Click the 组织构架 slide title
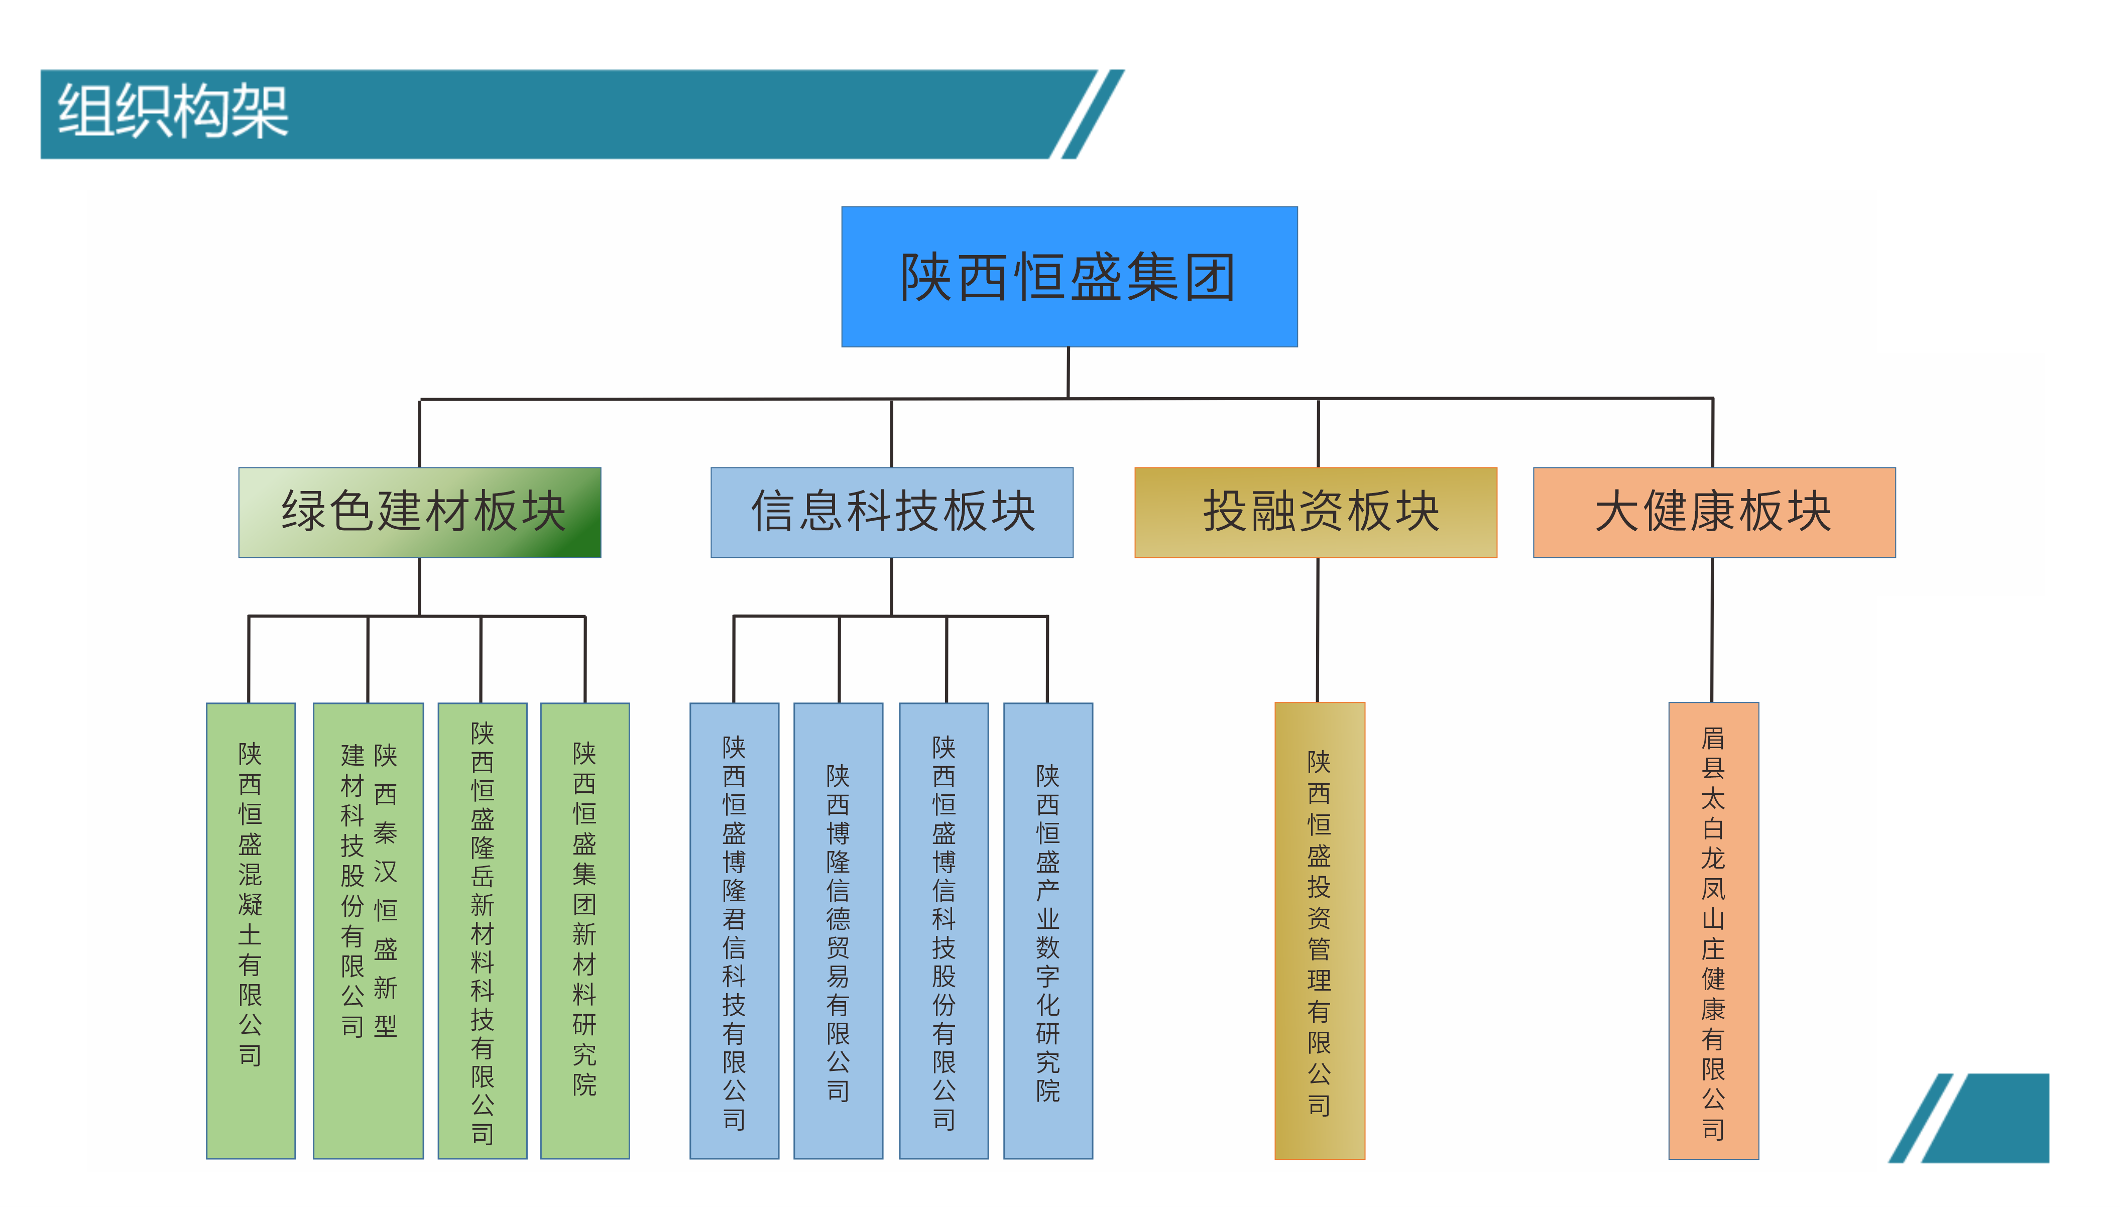coord(172,112)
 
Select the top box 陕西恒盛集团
coord(1068,276)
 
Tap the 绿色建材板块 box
coord(419,512)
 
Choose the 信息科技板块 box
coord(891,512)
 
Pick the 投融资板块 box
coord(1315,512)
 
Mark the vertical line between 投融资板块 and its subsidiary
coord(1318,630)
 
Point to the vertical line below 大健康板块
coord(1712,630)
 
